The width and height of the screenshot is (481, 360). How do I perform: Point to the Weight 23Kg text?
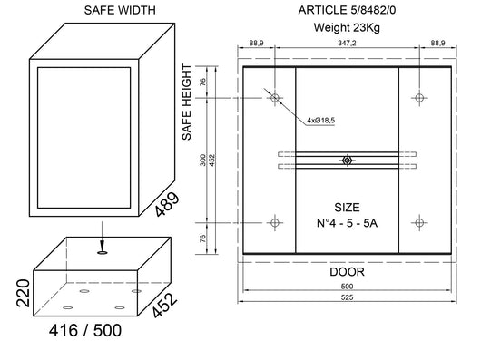pyautogui.click(x=346, y=27)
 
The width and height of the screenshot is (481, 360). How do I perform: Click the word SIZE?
pyautogui.click(x=346, y=206)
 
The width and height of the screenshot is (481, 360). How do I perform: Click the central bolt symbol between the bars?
pyautogui.click(x=346, y=160)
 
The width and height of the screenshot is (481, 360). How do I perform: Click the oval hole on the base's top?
pyautogui.click(x=103, y=256)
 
